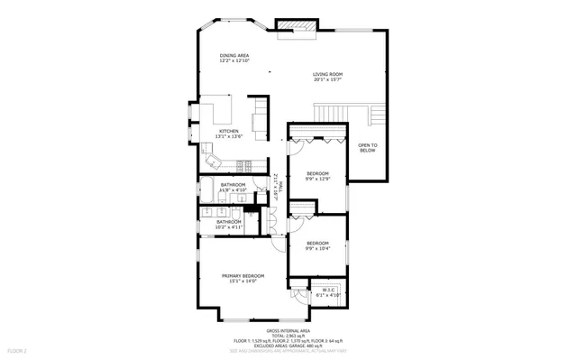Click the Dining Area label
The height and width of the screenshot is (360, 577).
tap(234, 55)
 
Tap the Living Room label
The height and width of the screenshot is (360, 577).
tap(327, 74)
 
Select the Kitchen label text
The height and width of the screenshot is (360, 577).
tap(229, 131)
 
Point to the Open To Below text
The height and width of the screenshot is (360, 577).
tap(367, 148)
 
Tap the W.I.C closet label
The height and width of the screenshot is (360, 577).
tap(329, 290)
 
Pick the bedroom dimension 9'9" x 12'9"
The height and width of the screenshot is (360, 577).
tap(316, 179)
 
